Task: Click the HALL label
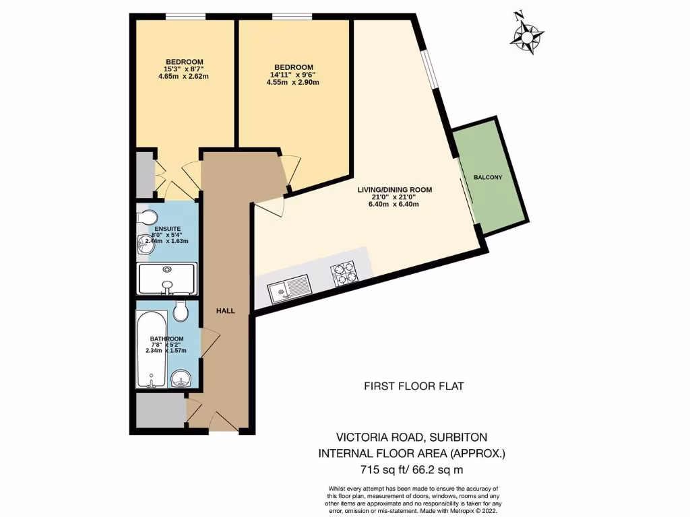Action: pyautogui.click(x=225, y=311)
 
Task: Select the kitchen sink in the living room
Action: pyautogui.click(x=288, y=289)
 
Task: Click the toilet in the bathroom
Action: pyautogui.click(x=179, y=312)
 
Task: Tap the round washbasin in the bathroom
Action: pyautogui.click(x=180, y=378)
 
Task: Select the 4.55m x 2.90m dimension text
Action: pyautogui.click(x=292, y=82)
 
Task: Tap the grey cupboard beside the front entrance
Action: pyautogui.click(x=159, y=410)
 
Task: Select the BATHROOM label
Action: pyautogui.click(x=166, y=339)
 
